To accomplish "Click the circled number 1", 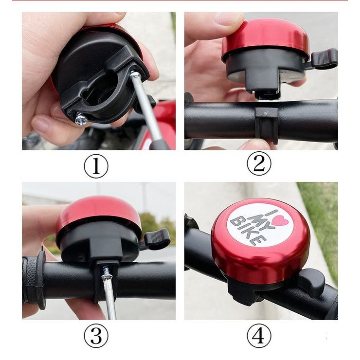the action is (x=96, y=166).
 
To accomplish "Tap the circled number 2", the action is (x=259, y=163).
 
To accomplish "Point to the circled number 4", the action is (x=259, y=336).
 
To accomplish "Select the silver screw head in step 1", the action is (x=82, y=119).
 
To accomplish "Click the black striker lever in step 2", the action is (x=324, y=58).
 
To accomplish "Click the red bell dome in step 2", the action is (x=266, y=37).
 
